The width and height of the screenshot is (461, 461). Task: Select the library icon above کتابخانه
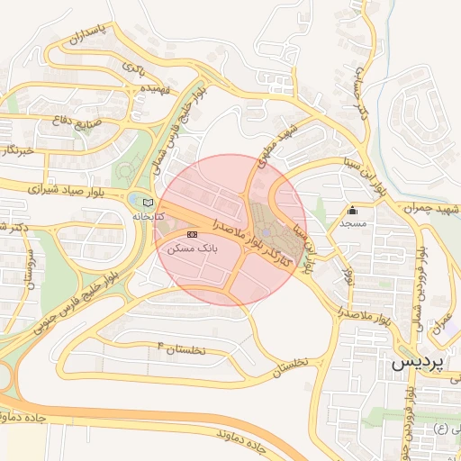[x=149, y=203]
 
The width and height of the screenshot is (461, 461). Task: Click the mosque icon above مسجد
[x=351, y=212]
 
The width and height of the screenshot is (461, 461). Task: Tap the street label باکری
[x=133, y=68]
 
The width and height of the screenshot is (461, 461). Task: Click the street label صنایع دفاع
[x=76, y=126]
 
